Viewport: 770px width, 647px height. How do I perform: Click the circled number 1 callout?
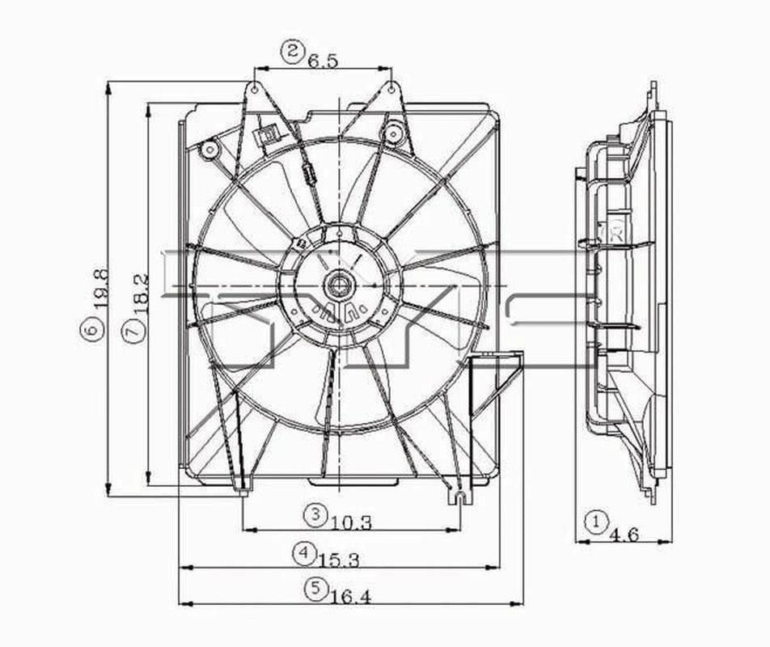click(x=596, y=521)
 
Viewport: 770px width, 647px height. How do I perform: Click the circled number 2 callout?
click(x=292, y=53)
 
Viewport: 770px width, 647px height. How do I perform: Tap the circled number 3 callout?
click(x=315, y=514)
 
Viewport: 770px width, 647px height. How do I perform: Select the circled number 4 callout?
click(x=303, y=553)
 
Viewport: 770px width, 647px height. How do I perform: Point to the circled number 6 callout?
click(x=93, y=328)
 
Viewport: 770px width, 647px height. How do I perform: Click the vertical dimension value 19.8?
click(x=99, y=289)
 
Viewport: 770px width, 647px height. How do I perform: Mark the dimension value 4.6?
click(x=625, y=535)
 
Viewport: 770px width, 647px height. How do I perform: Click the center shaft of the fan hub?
click(x=336, y=284)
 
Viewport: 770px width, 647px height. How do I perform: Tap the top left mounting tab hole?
click(x=255, y=88)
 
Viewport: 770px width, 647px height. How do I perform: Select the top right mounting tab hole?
click(x=390, y=88)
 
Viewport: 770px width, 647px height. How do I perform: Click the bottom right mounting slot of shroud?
click(x=459, y=495)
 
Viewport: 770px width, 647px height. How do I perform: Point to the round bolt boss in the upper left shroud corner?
click(x=209, y=149)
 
